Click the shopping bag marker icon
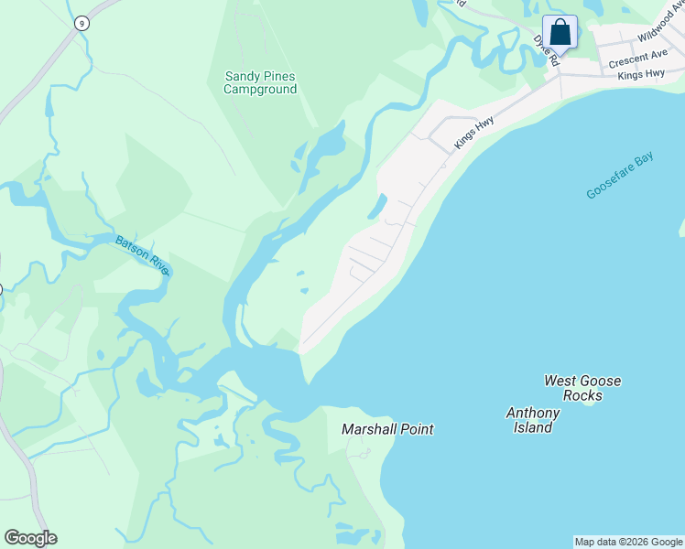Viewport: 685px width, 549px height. tap(560, 33)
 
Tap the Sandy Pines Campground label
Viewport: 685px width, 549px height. tap(261, 83)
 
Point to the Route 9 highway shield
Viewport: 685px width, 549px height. tap(82, 24)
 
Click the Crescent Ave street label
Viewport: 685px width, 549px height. tap(637, 59)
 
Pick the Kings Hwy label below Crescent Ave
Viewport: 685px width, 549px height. tap(641, 73)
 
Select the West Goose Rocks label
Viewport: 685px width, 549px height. tap(582, 388)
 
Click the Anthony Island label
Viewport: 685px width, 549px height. tap(533, 420)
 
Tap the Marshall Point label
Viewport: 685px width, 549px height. tap(387, 428)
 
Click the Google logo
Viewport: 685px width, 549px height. tap(30, 538)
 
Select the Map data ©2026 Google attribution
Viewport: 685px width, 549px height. tap(628, 542)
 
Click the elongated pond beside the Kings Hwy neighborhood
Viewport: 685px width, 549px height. tap(376, 207)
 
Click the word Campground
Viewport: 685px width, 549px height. tap(261, 90)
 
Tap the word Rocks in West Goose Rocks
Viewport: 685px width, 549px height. tap(582, 395)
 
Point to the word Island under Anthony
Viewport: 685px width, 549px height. tap(533, 427)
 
